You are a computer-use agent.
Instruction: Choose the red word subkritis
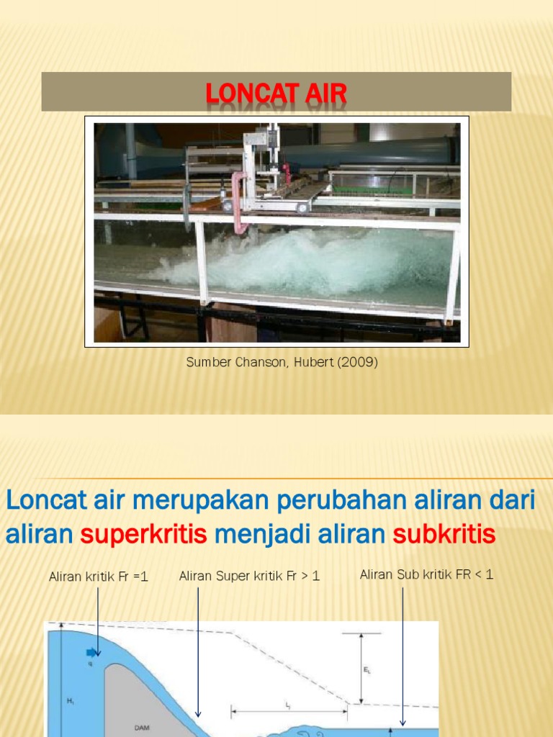point(444,535)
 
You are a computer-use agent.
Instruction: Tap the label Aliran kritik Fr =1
point(99,577)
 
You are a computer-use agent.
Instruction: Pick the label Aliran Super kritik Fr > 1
point(249,576)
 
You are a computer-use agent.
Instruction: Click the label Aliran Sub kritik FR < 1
point(426,574)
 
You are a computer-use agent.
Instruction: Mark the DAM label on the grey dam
point(142,728)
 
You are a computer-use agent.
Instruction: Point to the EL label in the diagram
point(367,669)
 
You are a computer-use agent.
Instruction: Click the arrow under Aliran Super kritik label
point(198,648)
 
